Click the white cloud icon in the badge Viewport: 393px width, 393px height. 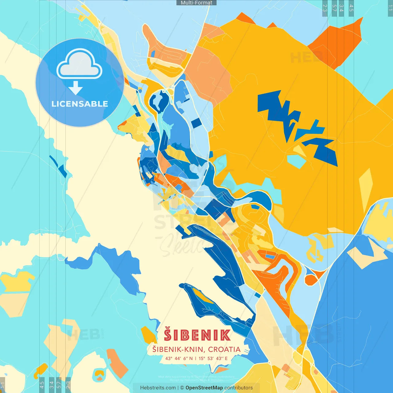click(x=79, y=64)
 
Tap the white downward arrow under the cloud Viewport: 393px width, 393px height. click(x=75, y=88)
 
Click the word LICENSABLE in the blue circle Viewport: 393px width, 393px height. click(x=80, y=104)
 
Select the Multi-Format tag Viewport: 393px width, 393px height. click(x=196, y=3)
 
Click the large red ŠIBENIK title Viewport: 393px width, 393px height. click(x=197, y=335)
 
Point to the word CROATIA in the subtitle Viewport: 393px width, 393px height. click(x=224, y=349)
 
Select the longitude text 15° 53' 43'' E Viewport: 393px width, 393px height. click(x=213, y=358)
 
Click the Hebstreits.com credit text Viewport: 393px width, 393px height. click(x=158, y=388)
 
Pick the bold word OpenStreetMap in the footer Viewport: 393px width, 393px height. click(x=204, y=388)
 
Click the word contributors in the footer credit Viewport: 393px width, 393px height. click(x=239, y=388)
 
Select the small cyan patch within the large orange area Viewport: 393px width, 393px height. click(x=296, y=161)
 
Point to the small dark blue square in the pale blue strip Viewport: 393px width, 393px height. click(x=196, y=123)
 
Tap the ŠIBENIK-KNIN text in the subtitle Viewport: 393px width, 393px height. click(x=178, y=349)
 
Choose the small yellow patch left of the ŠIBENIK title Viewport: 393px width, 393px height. click(x=149, y=335)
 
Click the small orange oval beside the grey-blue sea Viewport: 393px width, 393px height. click(x=311, y=279)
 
